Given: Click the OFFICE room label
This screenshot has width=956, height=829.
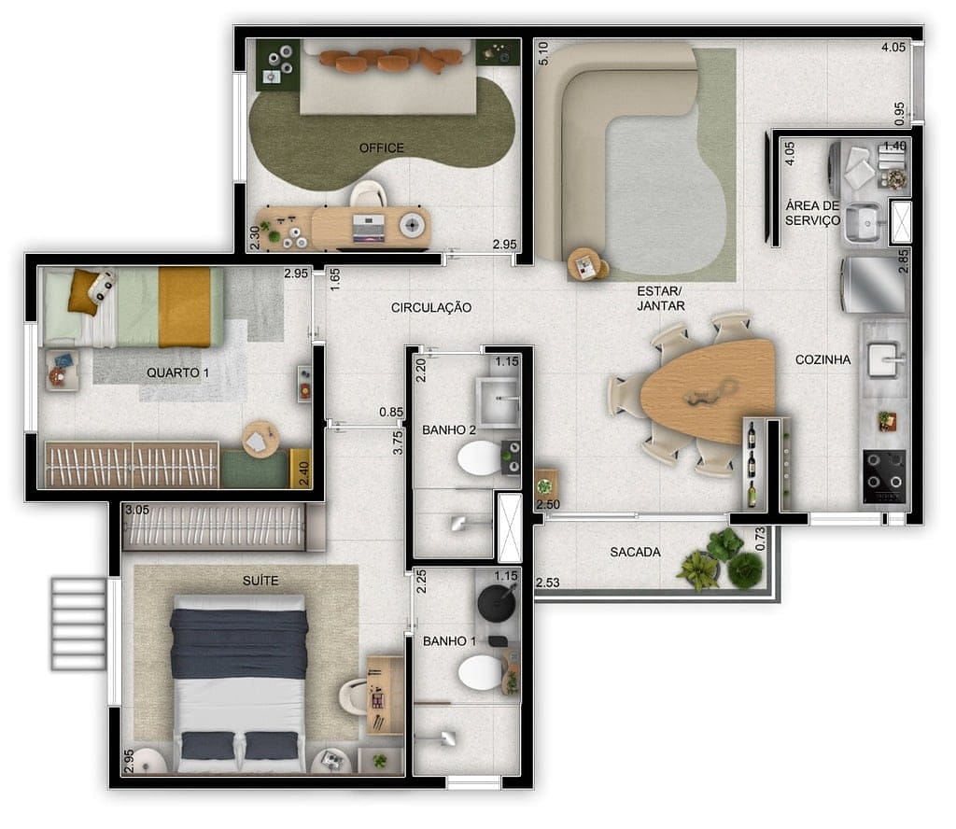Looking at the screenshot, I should [382, 148].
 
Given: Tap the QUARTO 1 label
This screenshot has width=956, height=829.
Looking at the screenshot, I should [178, 372].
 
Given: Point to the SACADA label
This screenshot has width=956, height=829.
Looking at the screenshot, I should [635, 552].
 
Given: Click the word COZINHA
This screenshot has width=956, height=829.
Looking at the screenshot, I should [822, 359].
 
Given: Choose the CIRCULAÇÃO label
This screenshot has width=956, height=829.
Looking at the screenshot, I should [431, 307].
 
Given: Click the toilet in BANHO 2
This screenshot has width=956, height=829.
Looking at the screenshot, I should [480, 459].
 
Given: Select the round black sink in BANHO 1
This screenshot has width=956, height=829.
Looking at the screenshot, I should [496, 603].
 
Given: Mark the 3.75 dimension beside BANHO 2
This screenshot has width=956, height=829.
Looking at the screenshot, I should [399, 442].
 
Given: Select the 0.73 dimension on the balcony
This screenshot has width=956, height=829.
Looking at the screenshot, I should [759, 538].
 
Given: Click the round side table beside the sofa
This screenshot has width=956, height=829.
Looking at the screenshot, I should [586, 264].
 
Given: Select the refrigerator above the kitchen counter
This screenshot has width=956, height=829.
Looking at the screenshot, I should [873, 285].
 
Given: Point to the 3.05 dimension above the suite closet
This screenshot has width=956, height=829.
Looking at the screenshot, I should [137, 510].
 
